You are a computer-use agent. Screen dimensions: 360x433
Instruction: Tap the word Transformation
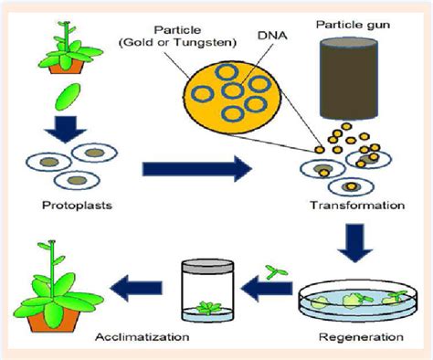point(358,206)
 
